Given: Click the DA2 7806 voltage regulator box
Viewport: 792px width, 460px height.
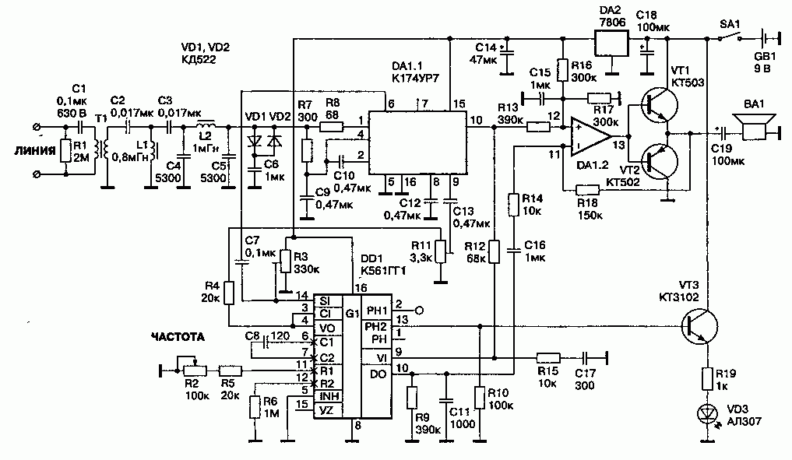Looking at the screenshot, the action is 611,44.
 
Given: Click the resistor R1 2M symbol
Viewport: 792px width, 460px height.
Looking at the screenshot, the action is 66,151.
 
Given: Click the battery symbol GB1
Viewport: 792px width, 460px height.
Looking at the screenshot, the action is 768,38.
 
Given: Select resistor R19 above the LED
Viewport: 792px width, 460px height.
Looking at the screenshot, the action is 707,379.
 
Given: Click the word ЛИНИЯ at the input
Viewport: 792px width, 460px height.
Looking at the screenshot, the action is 35,151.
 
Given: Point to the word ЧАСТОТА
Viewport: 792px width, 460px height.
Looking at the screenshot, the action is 178,337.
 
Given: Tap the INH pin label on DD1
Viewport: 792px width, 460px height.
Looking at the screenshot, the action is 328,396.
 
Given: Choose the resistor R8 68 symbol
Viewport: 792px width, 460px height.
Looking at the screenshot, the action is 332,127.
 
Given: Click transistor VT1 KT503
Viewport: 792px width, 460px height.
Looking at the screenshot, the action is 659,104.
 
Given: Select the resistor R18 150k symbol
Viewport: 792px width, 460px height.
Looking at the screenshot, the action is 588,190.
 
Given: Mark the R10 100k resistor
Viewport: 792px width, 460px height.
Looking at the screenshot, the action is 480,398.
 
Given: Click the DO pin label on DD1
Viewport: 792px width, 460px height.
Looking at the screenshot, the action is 378,374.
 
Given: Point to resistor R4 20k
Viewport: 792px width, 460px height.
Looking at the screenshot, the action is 229,293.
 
